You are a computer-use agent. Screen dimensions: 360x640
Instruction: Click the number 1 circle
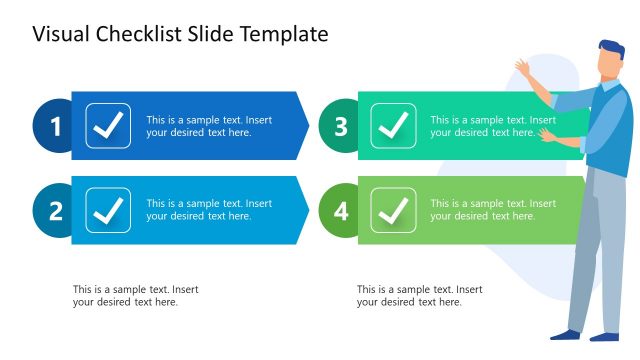coord(56,126)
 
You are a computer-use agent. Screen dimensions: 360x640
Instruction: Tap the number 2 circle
coord(56,210)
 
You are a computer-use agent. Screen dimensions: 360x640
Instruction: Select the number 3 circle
coord(341,126)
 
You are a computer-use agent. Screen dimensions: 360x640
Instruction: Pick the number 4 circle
coord(341,210)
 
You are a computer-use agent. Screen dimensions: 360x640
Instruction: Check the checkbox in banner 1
coord(108,126)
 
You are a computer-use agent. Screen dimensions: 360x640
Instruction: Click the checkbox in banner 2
coord(108,210)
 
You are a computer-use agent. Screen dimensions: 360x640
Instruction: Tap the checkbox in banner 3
coord(393,126)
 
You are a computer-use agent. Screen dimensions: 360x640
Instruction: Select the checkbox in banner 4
coord(393,210)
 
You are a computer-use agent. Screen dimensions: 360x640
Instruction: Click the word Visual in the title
coord(62,35)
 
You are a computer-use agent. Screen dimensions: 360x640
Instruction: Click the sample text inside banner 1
coord(209,126)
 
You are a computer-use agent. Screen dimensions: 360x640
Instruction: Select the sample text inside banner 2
coord(209,210)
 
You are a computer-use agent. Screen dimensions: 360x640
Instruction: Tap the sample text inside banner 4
coord(493,210)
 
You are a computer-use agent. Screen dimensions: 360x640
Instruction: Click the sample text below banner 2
coord(135,296)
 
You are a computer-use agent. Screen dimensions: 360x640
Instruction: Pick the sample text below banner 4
coord(419,296)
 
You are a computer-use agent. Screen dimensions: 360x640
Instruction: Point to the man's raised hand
coord(523,69)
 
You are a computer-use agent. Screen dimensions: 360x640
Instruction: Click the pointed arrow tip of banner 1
coord(306,126)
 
